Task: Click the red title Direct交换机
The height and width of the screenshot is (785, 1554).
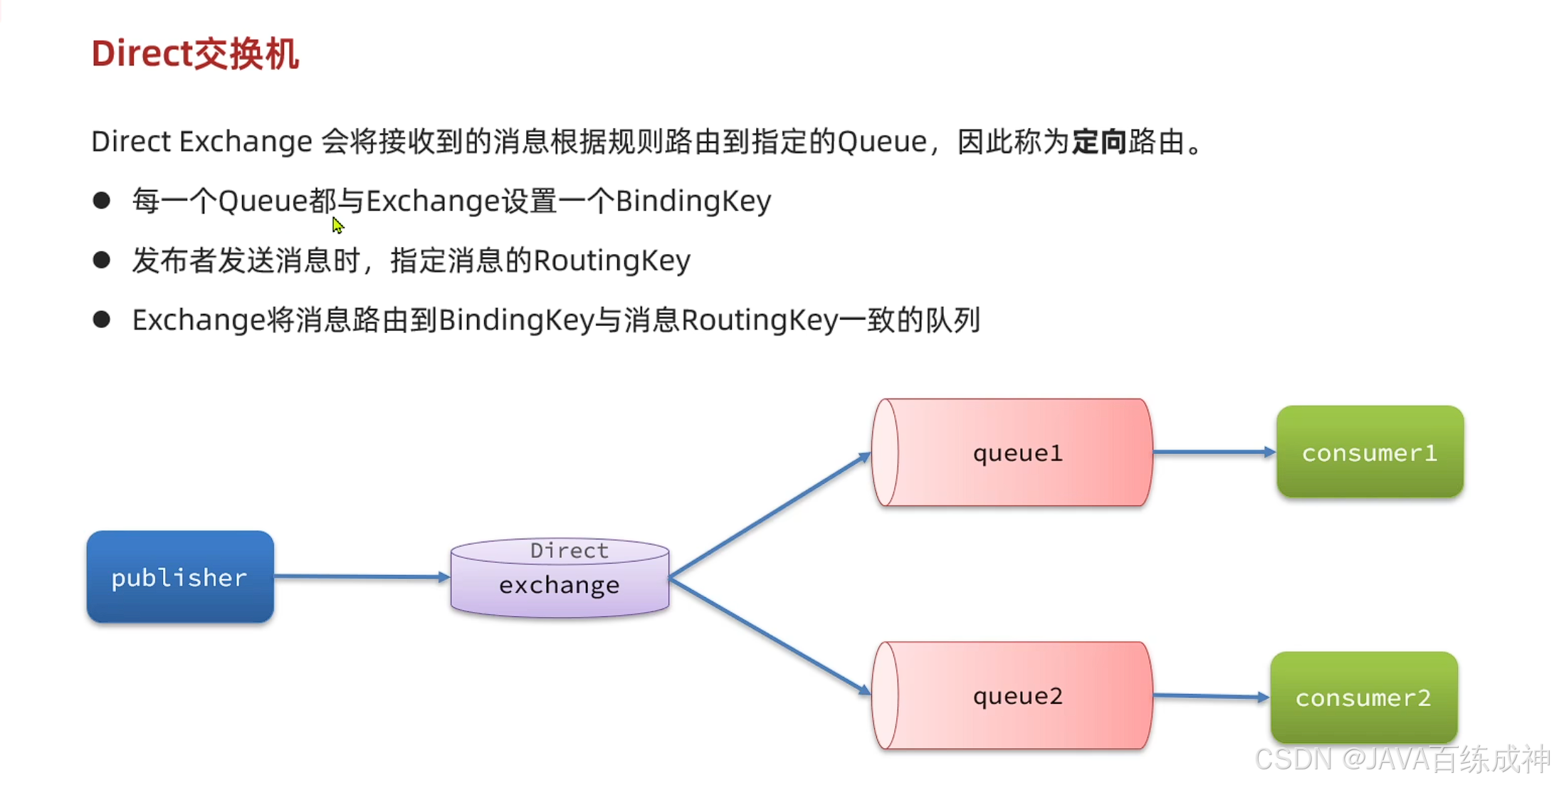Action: pyautogui.click(x=195, y=54)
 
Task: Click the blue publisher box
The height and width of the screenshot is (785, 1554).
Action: pyautogui.click(x=180, y=577)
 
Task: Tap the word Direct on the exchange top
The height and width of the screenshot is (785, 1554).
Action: pyautogui.click(x=569, y=550)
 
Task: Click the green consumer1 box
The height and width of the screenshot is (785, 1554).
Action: pyautogui.click(x=1370, y=453)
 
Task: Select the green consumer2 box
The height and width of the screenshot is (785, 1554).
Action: pyautogui.click(x=1363, y=697)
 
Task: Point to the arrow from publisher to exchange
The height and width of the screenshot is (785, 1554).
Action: pyautogui.click(x=361, y=576)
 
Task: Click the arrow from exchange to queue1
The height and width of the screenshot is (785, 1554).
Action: pyautogui.click(x=769, y=515)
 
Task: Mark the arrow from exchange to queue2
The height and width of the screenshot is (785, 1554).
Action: pyautogui.click(x=769, y=636)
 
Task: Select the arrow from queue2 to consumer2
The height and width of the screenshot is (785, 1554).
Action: pyautogui.click(x=1210, y=696)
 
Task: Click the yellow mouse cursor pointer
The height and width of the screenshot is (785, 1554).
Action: pyautogui.click(x=337, y=225)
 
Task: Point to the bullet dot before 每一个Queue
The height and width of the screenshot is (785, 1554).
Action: pyautogui.click(x=102, y=201)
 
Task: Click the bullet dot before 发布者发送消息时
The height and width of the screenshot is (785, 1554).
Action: pyautogui.click(x=102, y=260)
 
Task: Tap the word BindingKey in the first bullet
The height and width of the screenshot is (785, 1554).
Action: pyautogui.click(x=693, y=201)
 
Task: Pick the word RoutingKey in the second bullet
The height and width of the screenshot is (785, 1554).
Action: pyautogui.click(x=611, y=261)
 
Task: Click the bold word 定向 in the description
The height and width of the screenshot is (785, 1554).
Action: pyautogui.click(x=1099, y=142)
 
